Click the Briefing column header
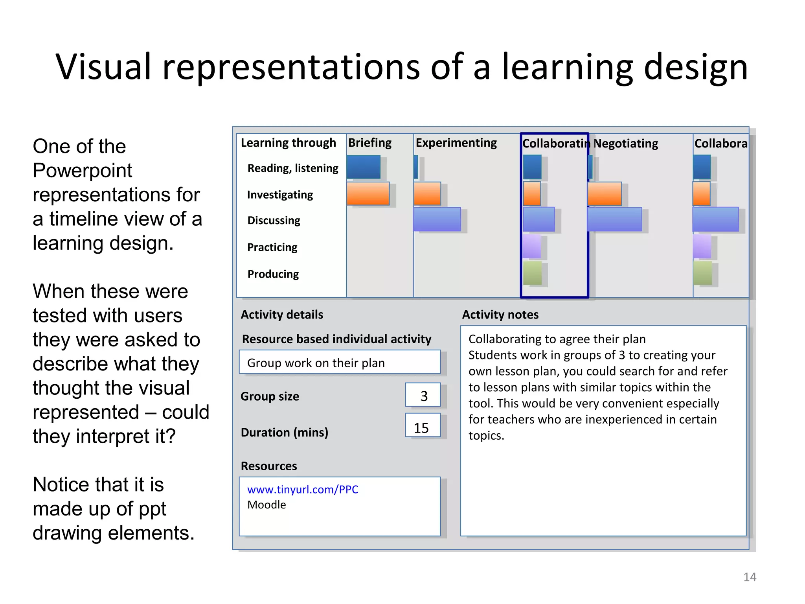coord(369,143)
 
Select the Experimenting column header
coord(456,143)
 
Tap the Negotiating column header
coord(625,144)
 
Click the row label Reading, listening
coord(292,168)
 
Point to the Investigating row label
coord(280,195)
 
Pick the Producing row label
coord(273,274)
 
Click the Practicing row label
coord(272,247)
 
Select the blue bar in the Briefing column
coord(363,167)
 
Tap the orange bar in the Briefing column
coord(368,193)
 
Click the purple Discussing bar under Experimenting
coord(437,219)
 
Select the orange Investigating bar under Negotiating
coord(605,193)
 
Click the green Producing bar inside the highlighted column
coord(532,273)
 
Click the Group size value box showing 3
coord(423,395)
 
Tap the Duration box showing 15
coord(422,426)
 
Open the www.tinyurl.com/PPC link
coord(303,490)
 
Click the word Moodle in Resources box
coord(266,505)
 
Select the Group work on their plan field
coord(339,362)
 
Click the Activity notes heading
coord(500,315)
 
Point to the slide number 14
coord(750,577)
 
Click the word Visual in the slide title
coord(103,67)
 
